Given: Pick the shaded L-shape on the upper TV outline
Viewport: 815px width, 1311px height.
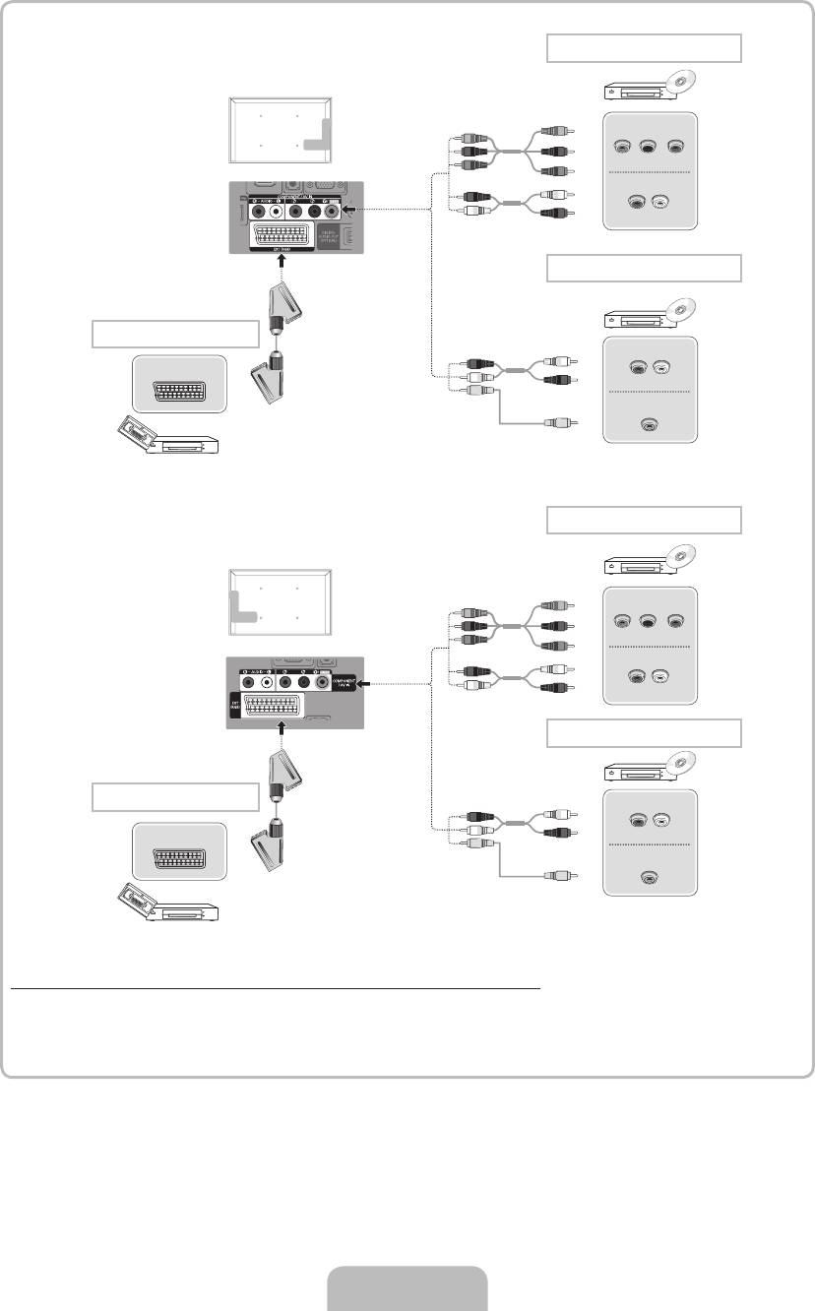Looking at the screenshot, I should [317, 135].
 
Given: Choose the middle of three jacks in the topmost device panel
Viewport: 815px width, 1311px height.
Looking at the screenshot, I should [648, 148].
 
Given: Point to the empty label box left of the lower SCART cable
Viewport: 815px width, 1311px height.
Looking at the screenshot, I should [176, 795].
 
